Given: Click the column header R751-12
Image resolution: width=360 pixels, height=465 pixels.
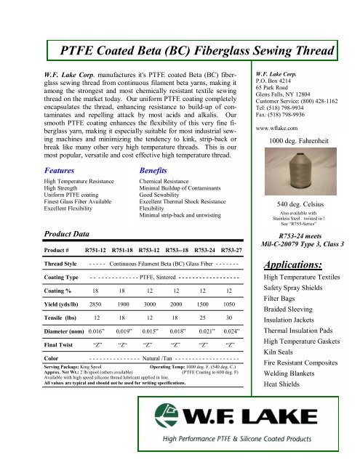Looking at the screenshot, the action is pyautogui.click(x=99, y=249).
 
